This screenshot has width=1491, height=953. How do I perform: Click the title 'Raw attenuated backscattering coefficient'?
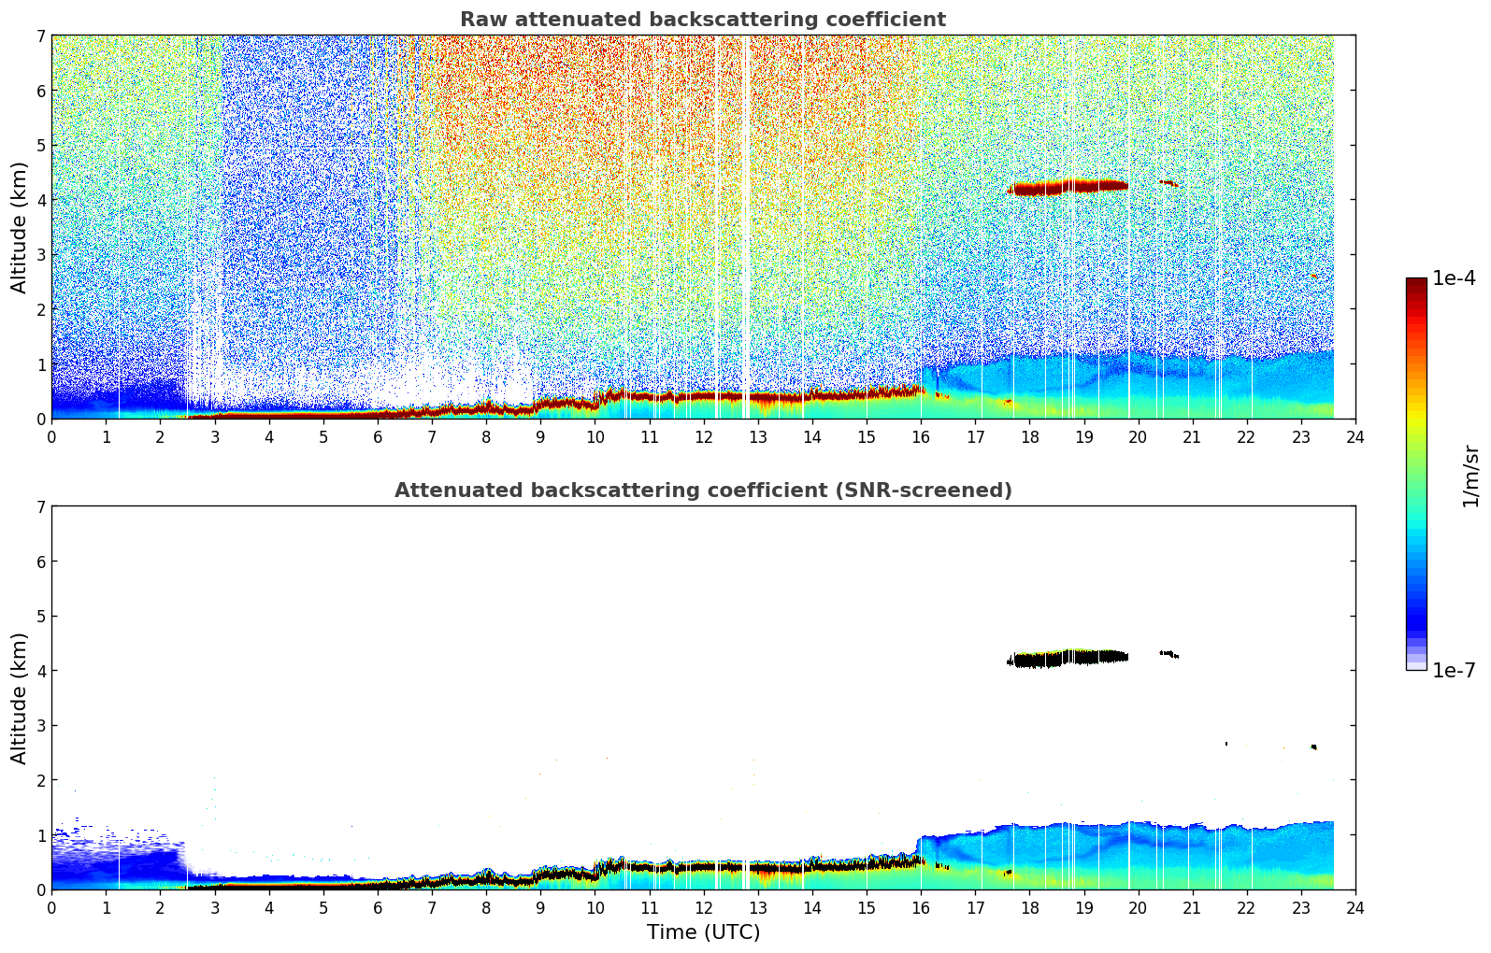point(703,20)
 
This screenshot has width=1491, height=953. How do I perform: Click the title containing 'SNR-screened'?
point(703,491)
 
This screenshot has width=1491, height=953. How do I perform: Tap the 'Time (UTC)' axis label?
point(703,932)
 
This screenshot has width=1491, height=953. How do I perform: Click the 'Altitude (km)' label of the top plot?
point(20,227)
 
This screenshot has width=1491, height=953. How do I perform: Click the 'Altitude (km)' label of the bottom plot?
point(20,698)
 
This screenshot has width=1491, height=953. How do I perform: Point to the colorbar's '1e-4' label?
point(1454,278)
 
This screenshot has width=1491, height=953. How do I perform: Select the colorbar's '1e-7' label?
point(1454,670)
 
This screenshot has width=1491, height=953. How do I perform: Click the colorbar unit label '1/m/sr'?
point(1470,476)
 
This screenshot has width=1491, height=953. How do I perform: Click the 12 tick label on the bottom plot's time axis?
point(703,908)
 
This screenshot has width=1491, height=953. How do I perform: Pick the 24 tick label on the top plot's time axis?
point(1355,437)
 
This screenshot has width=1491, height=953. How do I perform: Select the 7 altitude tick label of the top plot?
point(40,36)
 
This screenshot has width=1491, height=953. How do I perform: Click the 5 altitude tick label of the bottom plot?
point(40,617)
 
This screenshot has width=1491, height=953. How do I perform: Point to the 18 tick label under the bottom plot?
point(1029,908)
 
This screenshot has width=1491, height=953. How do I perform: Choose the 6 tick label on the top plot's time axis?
point(378,437)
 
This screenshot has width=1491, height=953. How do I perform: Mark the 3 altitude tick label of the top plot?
point(40,255)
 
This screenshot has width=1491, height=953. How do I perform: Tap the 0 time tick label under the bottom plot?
point(51,908)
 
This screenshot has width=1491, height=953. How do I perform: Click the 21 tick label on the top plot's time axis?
point(1192,437)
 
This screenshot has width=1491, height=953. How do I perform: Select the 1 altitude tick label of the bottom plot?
point(40,835)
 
